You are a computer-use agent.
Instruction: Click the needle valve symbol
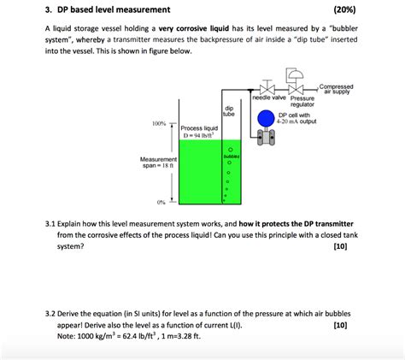pos(267,90)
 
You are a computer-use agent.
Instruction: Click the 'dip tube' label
pos(228,111)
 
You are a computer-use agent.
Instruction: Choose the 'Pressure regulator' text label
pos(302,102)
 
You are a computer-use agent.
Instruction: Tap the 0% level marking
pos(161,202)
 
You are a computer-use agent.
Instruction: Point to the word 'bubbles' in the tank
pos(229,156)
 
